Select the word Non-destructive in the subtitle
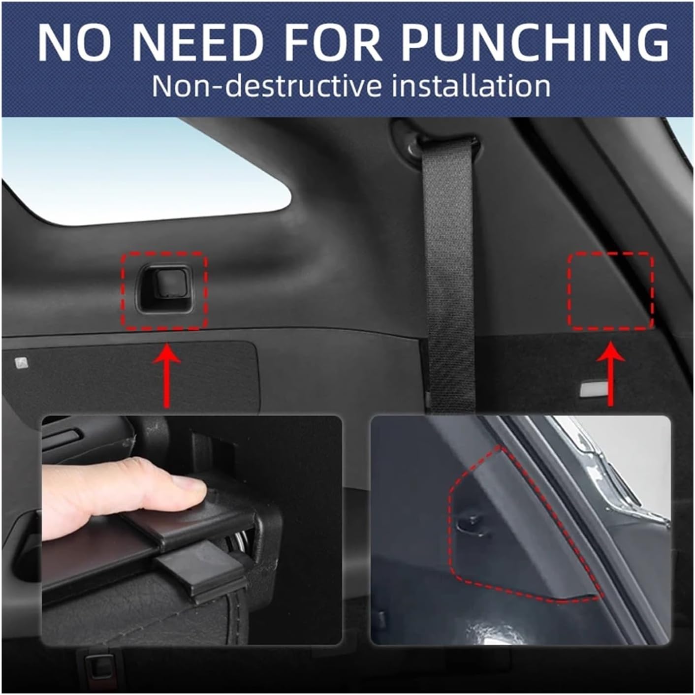pos(266,86)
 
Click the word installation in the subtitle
pos(471,86)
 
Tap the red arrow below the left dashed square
pos(166,375)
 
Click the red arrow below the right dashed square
pos(611,372)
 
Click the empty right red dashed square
pos(611,290)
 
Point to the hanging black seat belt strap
pos(444,276)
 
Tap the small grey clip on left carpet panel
pos(21,363)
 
